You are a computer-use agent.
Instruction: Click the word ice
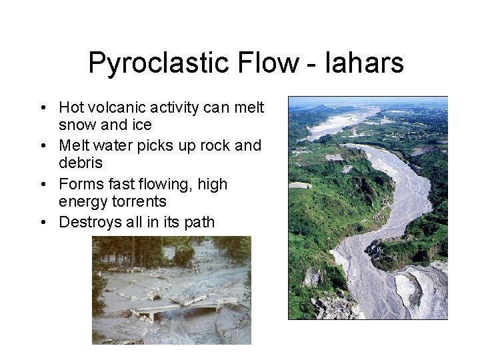tap(143, 125)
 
